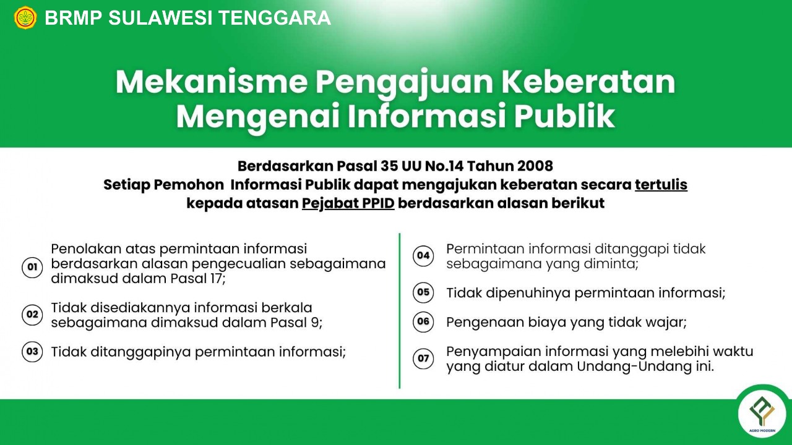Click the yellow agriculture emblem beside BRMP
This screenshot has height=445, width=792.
pos(25,18)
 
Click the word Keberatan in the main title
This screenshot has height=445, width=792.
pos(588,83)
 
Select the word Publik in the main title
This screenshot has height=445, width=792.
pos(565,116)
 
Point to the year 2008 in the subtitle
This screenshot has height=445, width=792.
pos(533,166)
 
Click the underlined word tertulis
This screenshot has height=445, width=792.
pos(661,185)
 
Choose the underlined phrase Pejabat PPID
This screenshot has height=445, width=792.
pos(348,203)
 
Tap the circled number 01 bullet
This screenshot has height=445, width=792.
pos(32,267)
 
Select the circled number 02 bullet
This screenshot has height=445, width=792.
pos(32,315)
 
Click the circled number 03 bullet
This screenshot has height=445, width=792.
pos(32,352)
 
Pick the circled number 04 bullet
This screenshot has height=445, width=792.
pos(423,255)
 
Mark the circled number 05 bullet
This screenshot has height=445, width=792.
pos(423,292)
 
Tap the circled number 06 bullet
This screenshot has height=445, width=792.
pos(423,322)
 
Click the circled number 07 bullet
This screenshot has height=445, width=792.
pos(423,359)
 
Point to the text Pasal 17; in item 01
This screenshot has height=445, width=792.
pos(198,279)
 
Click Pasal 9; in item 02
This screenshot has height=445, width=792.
pos(296,323)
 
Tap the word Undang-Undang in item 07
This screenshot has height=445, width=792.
pos(633,367)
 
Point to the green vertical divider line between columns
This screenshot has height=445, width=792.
pos(400,311)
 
